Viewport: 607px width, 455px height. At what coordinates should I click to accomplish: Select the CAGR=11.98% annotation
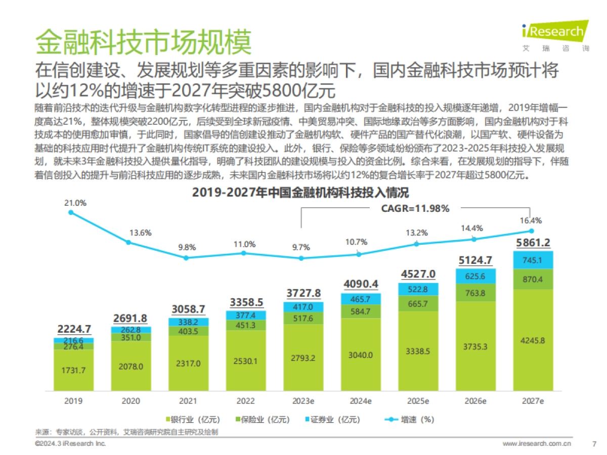[x=415, y=208]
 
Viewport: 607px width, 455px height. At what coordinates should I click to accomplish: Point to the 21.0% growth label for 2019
[x=75, y=203]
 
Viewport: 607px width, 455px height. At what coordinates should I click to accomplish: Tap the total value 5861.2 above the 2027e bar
[x=533, y=243]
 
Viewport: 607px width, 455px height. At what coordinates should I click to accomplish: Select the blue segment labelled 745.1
[x=533, y=260]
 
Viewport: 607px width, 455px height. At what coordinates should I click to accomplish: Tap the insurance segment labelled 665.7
[x=417, y=303]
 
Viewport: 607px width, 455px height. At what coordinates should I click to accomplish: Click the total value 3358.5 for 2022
[x=243, y=302]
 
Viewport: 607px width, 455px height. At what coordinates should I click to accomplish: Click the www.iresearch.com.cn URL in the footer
[x=537, y=444]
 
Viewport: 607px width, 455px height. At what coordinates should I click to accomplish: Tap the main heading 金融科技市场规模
[x=143, y=41]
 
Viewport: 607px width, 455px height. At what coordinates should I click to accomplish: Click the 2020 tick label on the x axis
[x=131, y=401]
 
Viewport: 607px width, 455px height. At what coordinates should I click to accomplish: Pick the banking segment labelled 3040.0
[x=360, y=355]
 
